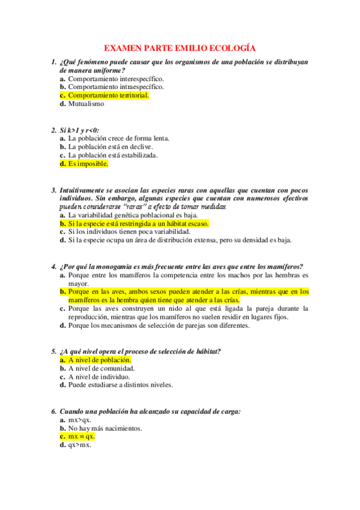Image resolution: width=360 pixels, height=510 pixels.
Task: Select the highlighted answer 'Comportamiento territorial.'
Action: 108,95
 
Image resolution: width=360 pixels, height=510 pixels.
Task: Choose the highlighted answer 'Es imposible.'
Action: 88,164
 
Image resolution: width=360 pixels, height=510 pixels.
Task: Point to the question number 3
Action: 53,189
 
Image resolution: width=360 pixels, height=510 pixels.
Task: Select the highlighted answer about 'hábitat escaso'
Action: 138,223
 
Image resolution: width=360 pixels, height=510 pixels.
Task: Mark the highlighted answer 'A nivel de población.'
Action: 99,360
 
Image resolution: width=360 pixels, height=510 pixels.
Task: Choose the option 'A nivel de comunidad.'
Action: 101,368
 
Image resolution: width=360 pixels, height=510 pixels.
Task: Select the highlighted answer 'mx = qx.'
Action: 81,437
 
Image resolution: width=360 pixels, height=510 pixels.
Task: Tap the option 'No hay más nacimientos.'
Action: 105,428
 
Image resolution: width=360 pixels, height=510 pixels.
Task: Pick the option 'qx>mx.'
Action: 80,446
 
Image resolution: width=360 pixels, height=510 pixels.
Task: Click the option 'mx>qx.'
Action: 80,420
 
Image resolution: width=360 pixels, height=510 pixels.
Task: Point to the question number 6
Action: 53,411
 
